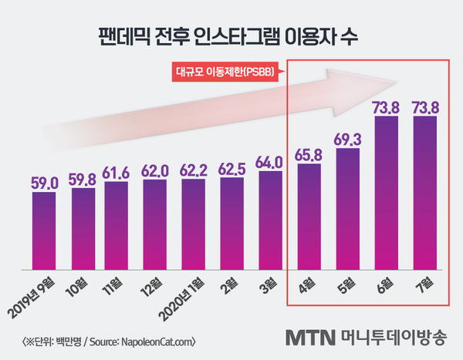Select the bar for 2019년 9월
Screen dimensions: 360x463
[44, 231]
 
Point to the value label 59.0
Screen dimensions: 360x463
[44, 183]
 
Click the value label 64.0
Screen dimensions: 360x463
[269, 163]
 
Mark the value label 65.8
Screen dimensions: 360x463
[308, 154]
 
